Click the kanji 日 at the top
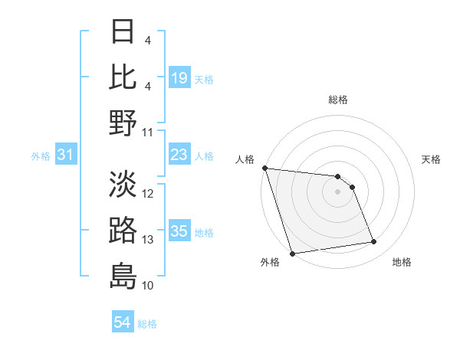click(x=123, y=32)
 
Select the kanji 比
click(x=123, y=77)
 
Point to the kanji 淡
click(x=123, y=184)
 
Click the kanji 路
click(x=123, y=230)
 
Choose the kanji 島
click(x=123, y=275)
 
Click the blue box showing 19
click(x=179, y=78)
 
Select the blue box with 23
click(x=179, y=155)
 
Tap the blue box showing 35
click(x=179, y=231)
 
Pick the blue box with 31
click(x=65, y=155)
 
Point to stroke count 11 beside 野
click(x=148, y=132)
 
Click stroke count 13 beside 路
click(x=148, y=240)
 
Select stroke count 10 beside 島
click(x=148, y=285)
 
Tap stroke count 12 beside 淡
click(x=148, y=195)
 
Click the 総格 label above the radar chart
click(x=338, y=100)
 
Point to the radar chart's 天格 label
click(x=431, y=159)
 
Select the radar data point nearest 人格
click(x=264, y=168)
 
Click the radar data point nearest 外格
click(x=292, y=253)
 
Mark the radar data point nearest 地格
click(x=373, y=242)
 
